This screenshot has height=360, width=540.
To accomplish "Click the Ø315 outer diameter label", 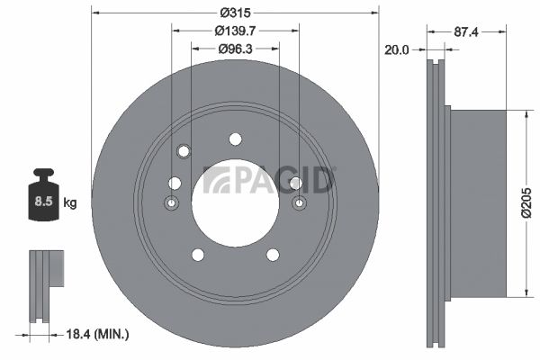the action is click(x=236, y=13).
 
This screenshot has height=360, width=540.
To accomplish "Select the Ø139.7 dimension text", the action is click(x=235, y=31).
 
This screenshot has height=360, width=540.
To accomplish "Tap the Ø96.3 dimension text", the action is click(x=235, y=49).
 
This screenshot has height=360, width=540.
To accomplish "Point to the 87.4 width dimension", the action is click(x=466, y=32).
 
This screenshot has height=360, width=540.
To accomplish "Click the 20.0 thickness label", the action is click(x=396, y=50).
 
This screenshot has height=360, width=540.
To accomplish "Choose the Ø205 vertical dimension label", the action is click(x=526, y=203).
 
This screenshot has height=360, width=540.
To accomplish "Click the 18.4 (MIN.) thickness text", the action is click(x=97, y=334).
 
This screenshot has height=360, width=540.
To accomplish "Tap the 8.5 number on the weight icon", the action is click(x=43, y=201).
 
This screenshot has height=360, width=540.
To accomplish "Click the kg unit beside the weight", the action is click(x=70, y=202).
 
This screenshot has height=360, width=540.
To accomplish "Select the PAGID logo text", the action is click(x=269, y=179).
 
